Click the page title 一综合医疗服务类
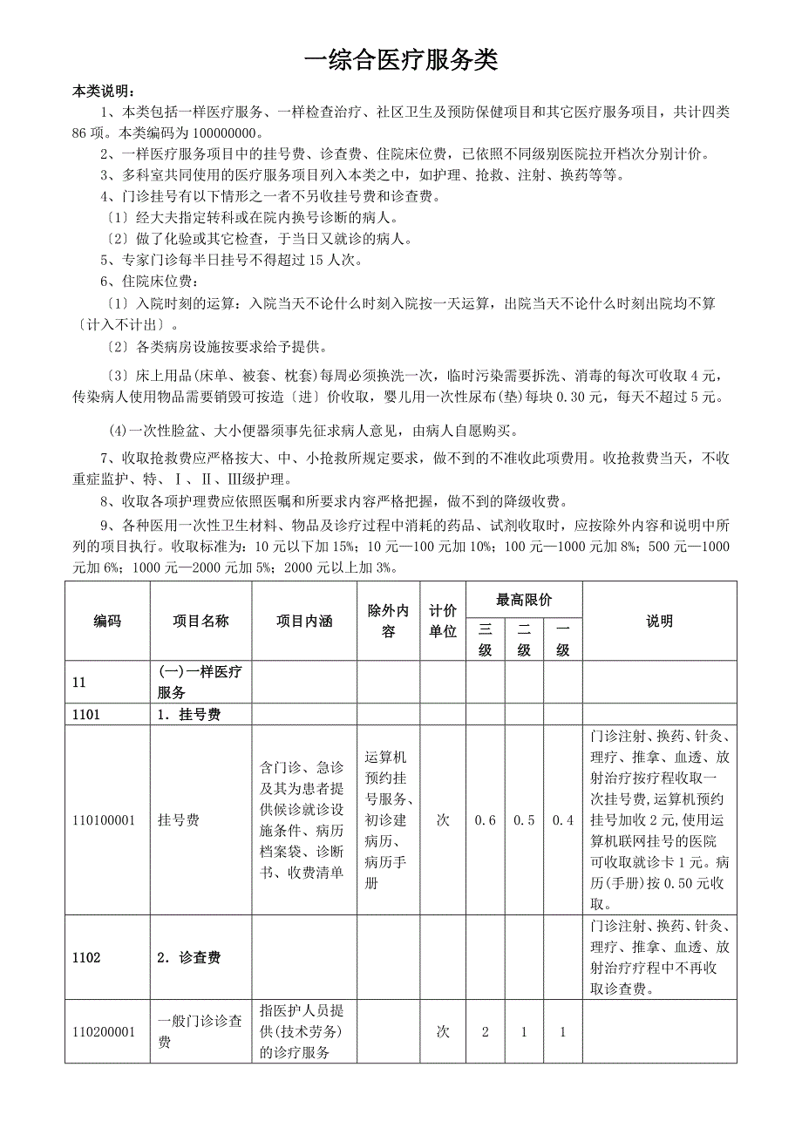click(x=401, y=60)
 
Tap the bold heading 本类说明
click(x=103, y=91)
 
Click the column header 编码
click(x=107, y=621)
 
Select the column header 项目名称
click(x=200, y=621)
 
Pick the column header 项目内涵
click(x=304, y=621)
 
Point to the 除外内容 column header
click(x=389, y=621)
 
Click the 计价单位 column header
click(x=443, y=621)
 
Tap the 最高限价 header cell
click(x=524, y=600)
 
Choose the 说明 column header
click(x=659, y=621)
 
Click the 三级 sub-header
click(x=486, y=639)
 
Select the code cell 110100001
click(x=104, y=820)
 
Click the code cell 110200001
click(x=104, y=1032)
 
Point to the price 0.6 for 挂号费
click(x=486, y=820)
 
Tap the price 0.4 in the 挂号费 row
click(x=563, y=820)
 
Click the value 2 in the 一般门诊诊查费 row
click(x=486, y=1032)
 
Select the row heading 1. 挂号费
click(x=189, y=715)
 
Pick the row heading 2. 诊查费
click(x=189, y=957)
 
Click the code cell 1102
click(x=86, y=957)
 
